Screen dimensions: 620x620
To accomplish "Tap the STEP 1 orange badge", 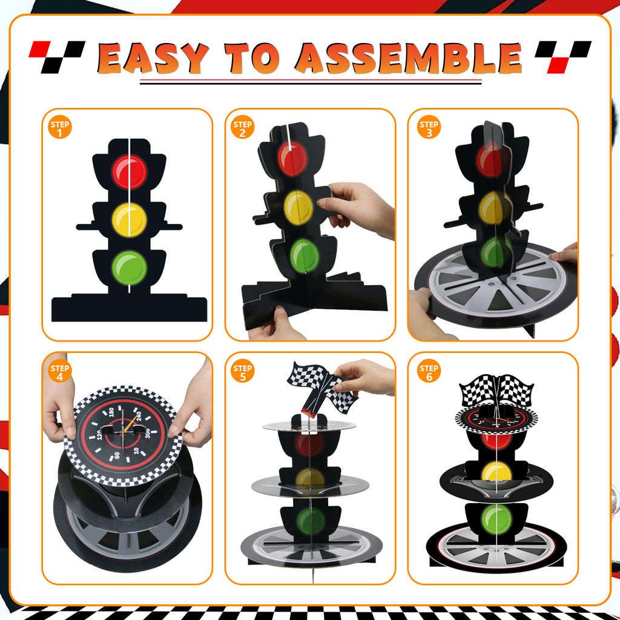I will tap(60, 127).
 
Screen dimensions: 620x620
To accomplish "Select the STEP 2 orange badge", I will tap(242, 127).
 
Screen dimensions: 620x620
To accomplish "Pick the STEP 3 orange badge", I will tap(429, 127).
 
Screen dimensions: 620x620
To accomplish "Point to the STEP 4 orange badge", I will tap(60, 371).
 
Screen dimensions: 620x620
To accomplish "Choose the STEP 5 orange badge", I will tap(242, 371).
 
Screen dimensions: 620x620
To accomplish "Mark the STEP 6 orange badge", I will tap(429, 371).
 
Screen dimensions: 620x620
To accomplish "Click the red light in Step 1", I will tap(129, 172).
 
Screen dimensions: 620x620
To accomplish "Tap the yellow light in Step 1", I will tap(129, 220).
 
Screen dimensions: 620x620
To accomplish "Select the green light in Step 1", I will tap(129, 267).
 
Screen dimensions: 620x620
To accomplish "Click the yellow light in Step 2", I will tap(298, 206).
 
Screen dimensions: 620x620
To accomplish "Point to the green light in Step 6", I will tap(496, 518).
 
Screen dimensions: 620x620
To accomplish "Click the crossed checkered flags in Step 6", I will tap(496, 391).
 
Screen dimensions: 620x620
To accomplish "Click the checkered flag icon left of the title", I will tap(57, 56).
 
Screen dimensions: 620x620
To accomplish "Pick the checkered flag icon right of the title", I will tap(562, 56).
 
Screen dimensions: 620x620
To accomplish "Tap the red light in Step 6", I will tap(496, 440).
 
